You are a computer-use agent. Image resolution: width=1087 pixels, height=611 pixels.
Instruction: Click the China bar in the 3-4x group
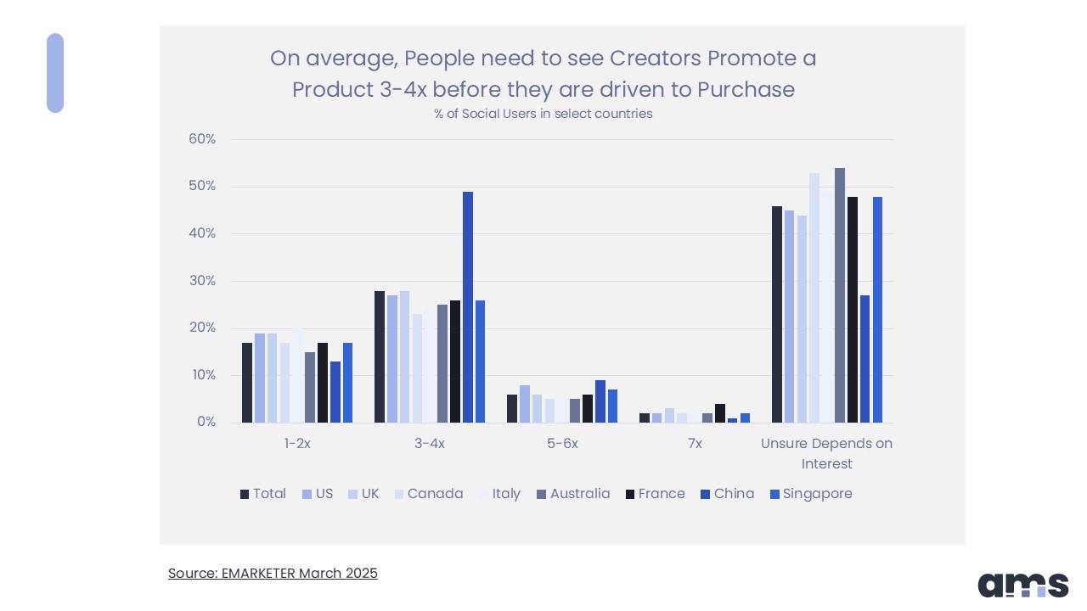click(x=468, y=307)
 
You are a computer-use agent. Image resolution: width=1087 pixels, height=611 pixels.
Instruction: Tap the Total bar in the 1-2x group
click(x=247, y=383)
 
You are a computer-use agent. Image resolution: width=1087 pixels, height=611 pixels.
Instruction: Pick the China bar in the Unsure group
click(x=865, y=359)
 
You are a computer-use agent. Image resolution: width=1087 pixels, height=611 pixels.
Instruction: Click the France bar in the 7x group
click(x=720, y=413)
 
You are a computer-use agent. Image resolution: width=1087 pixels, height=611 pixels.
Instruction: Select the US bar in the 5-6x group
click(x=525, y=404)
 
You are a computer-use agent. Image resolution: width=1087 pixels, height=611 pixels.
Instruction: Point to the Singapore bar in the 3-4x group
click(x=481, y=362)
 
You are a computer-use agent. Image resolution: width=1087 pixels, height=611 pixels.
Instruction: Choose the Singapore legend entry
click(x=810, y=494)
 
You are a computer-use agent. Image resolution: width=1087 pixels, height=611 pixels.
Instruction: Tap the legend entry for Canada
click(x=428, y=494)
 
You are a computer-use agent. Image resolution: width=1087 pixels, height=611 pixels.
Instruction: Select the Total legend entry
click(x=262, y=494)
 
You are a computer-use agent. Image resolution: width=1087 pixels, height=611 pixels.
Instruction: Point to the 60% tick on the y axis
click(x=202, y=139)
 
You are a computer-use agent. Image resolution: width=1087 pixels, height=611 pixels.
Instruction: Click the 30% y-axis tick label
click(x=202, y=281)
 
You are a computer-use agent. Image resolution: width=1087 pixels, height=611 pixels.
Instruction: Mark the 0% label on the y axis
click(x=206, y=423)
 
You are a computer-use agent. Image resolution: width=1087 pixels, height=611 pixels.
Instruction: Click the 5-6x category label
click(x=561, y=443)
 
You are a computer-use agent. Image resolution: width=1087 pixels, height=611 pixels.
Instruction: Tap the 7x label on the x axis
click(x=694, y=443)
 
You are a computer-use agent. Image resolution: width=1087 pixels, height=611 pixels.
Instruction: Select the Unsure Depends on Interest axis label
click(x=826, y=453)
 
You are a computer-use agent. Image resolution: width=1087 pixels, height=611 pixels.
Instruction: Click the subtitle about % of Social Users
click(x=543, y=114)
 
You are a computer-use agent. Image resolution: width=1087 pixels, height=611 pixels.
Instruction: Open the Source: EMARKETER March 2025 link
click(x=273, y=573)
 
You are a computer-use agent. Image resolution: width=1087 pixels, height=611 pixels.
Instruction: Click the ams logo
click(x=1022, y=585)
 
